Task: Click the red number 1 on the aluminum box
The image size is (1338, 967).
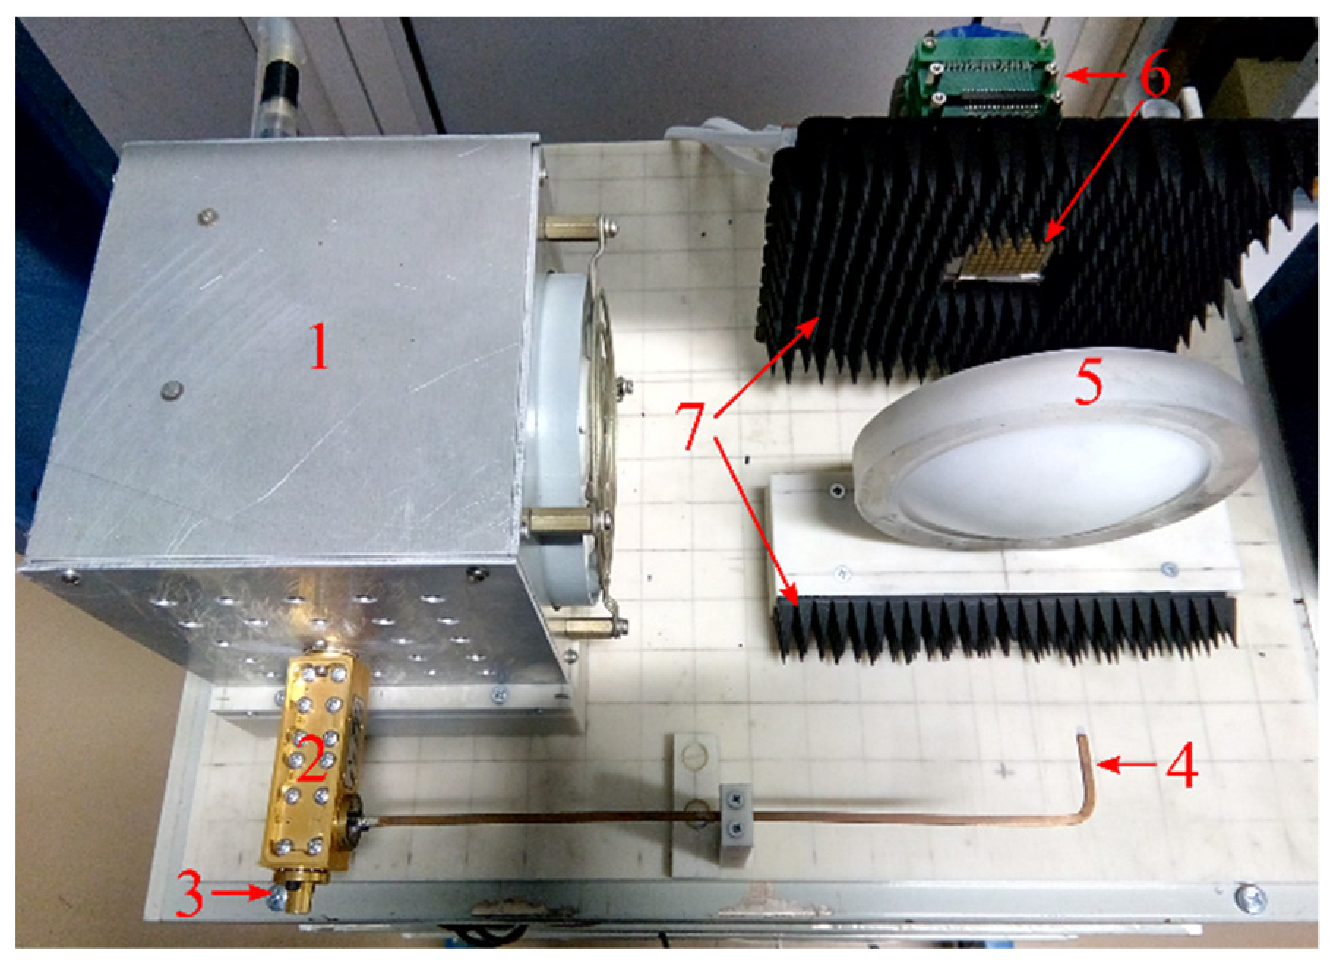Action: pyautogui.click(x=319, y=347)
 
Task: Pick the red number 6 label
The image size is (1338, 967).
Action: pyautogui.click(x=1154, y=76)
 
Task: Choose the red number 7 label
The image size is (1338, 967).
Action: pyautogui.click(x=691, y=424)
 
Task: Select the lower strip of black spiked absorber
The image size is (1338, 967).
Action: pyautogui.click(x=1002, y=625)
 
